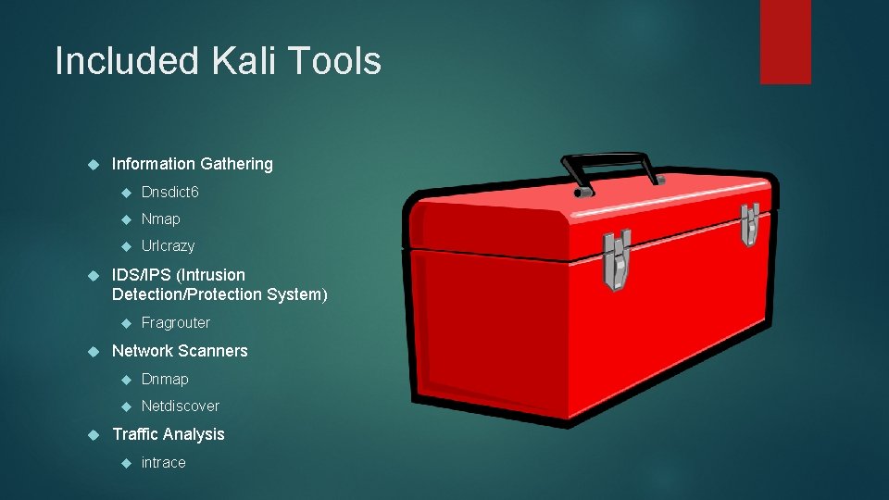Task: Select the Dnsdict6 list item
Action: pos(169,192)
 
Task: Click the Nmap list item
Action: pos(160,219)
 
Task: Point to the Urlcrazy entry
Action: pos(168,245)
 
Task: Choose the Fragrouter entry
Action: pos(175,322)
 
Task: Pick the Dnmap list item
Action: pos(164,379)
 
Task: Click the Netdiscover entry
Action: pos(180,406)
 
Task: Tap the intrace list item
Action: pos(163,462)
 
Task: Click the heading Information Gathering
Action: pos(192,164)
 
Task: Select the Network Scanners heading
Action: pos(180,351)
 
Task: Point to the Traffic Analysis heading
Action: pos(168,434)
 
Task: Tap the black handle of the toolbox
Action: pos(611,168)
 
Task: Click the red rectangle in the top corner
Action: pos(785,41)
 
